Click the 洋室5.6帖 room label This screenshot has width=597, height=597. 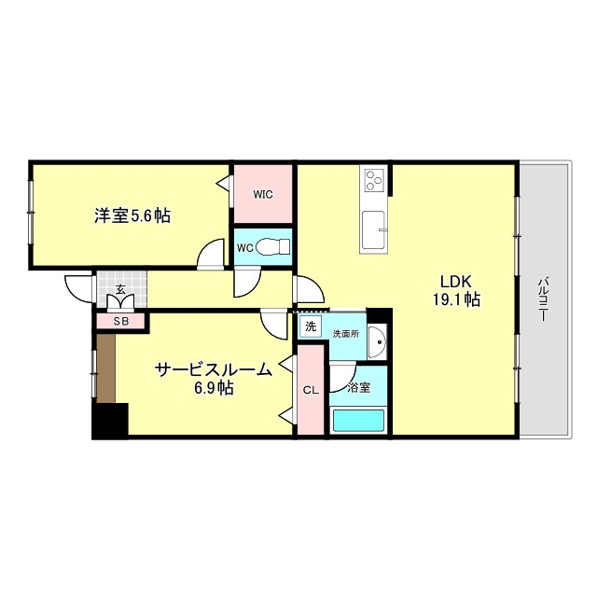click(132, 215)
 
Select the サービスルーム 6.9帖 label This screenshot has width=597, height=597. click(213, 377)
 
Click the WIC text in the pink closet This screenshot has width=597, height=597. click(262, 194)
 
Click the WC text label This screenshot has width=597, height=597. click(245, 248)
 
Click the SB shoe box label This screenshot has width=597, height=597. click(120, 322)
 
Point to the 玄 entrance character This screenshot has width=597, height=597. click(120, 290)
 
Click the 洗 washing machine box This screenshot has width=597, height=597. click(310, 326)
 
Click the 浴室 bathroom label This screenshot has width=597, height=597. click(358, 387)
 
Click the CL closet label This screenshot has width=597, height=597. click(310, 391)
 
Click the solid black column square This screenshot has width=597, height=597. click(109, 420)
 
